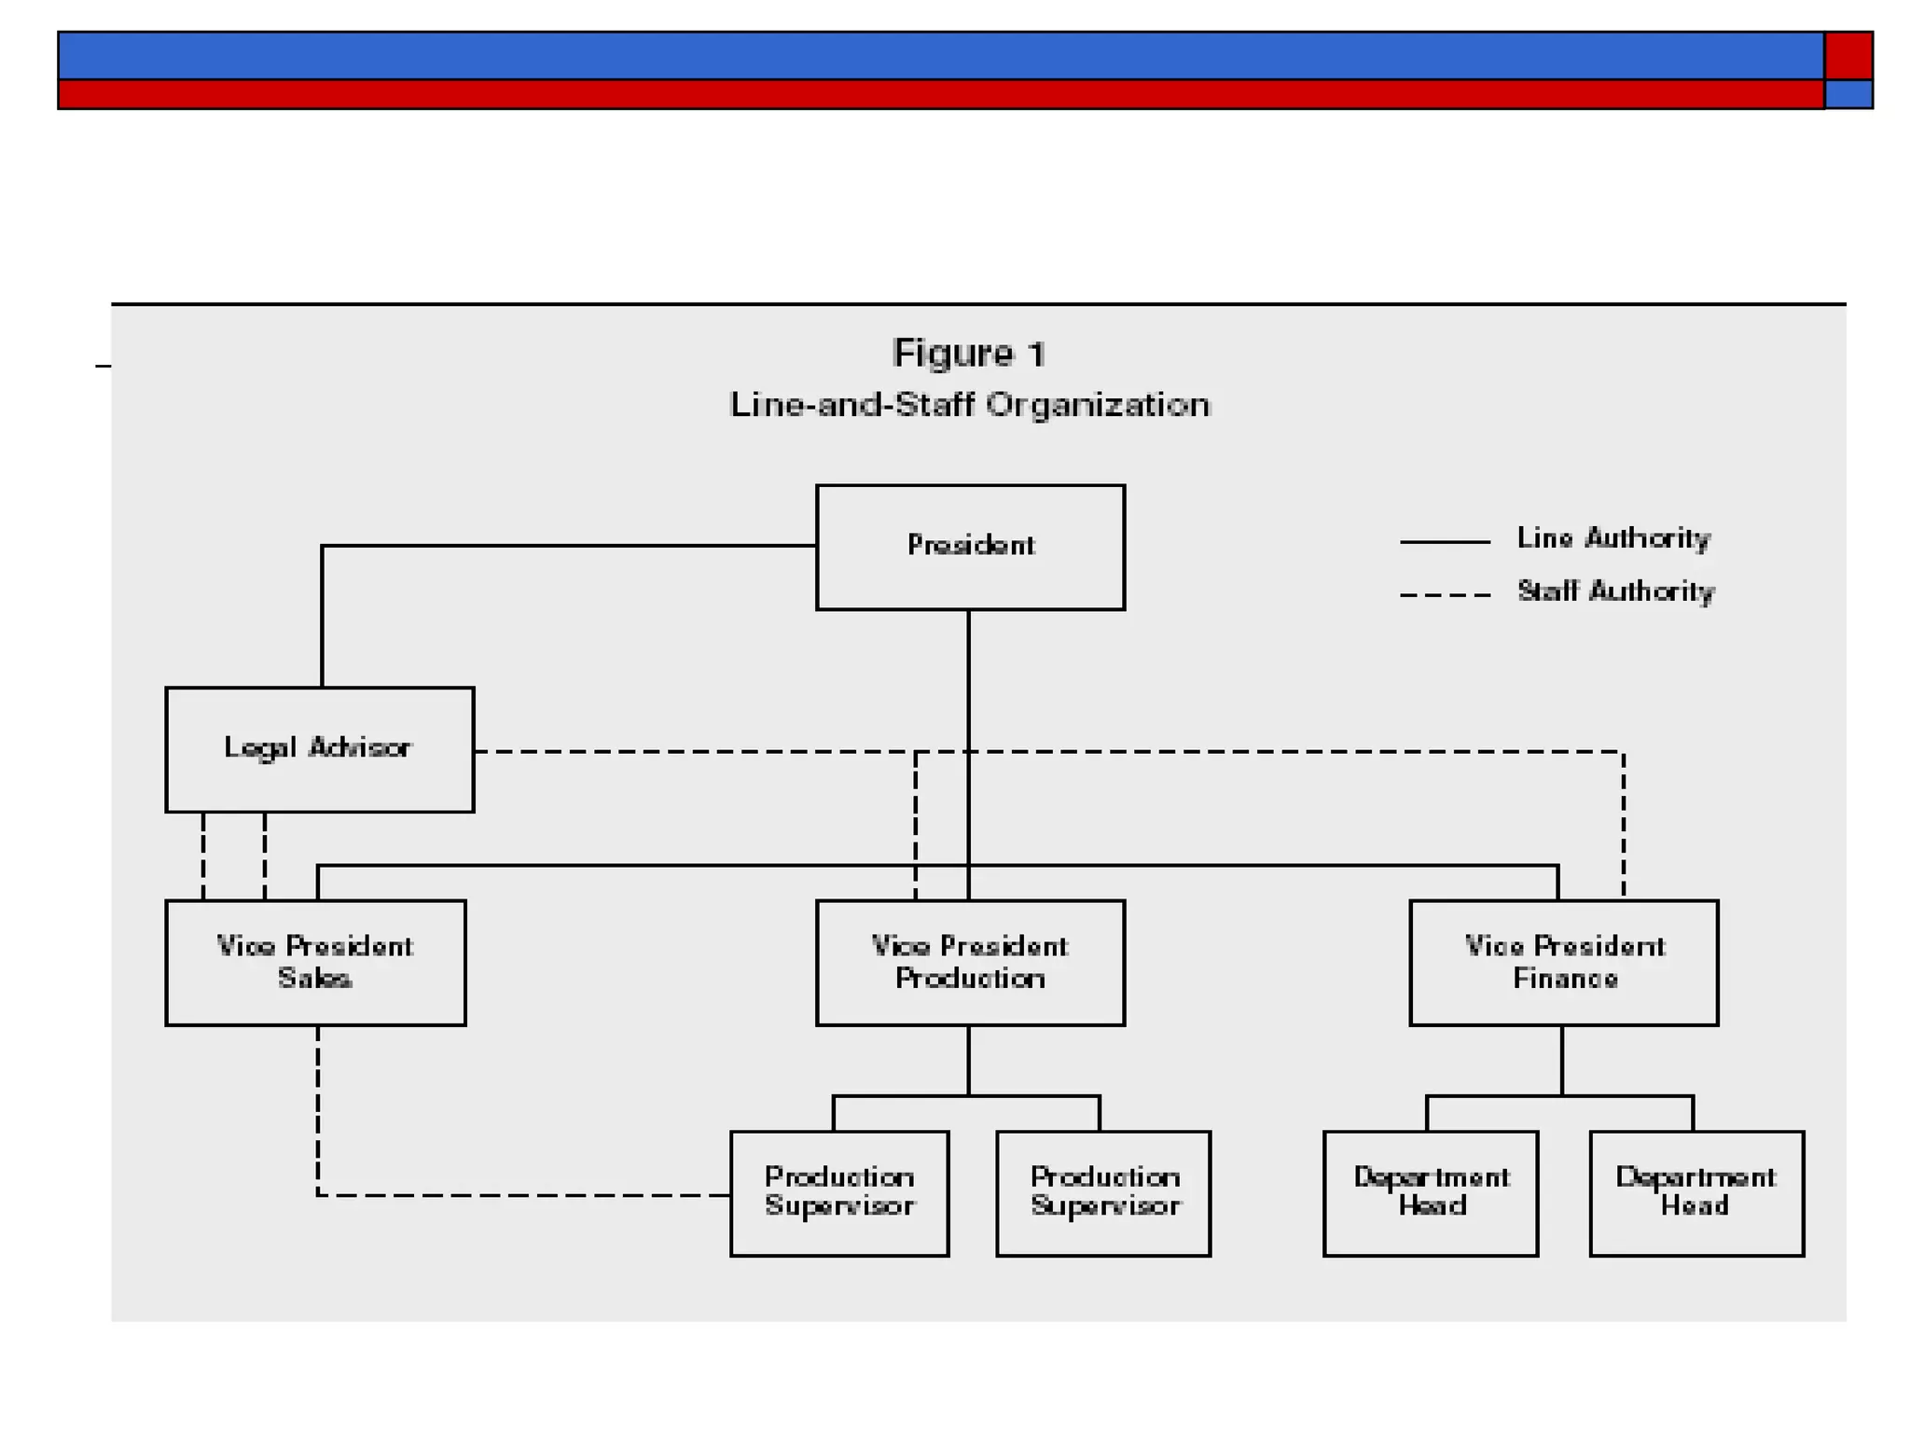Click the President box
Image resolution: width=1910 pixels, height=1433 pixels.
[970, 547]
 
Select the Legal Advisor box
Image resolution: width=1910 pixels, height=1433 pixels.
[319, 749]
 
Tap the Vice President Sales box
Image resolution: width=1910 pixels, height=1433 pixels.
[315, 962]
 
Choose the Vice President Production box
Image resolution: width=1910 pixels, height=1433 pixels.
[970, 962]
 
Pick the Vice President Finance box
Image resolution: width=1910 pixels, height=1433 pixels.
[1563, 962]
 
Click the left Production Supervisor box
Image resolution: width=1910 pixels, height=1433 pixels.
[839, 1193]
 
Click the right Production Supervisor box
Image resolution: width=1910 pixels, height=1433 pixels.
[1103, 1193]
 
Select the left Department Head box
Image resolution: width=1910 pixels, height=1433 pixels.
[1431, 1193]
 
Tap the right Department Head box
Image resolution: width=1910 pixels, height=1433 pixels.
[1696, 1193]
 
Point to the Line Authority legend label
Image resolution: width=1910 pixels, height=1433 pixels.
[1613, 538]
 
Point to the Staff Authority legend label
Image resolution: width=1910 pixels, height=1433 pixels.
[1615, 591]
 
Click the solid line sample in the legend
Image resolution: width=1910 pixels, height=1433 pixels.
[1445, 541]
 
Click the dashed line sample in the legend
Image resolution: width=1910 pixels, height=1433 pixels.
[1445, 594]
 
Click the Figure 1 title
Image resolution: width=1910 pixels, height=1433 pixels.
[969, 354]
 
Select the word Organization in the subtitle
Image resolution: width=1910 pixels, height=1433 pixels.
[1098, 405]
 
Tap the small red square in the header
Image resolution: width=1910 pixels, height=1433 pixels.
[1848, 55]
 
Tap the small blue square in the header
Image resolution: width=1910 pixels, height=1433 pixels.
[1848, 94]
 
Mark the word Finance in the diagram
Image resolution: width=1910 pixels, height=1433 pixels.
[1565, 979]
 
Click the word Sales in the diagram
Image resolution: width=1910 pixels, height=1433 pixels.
[314, 979]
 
